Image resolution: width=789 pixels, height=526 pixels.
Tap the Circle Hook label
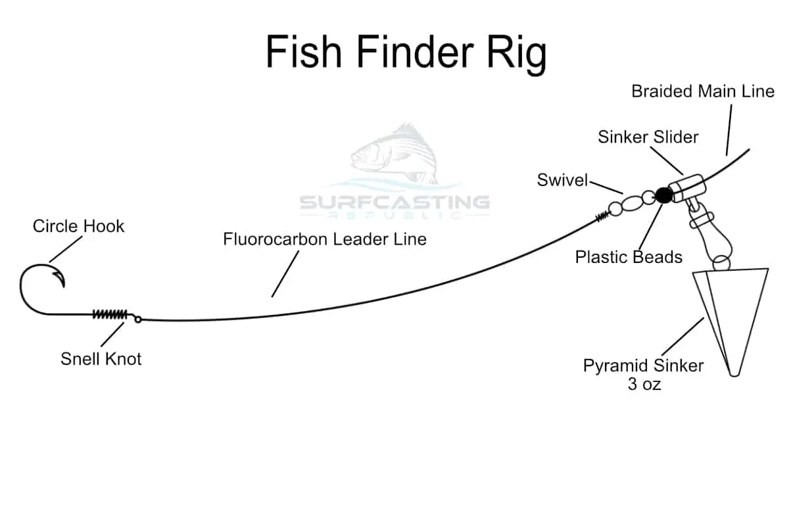click(78, 226)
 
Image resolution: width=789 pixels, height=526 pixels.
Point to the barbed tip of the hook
click(62, 284)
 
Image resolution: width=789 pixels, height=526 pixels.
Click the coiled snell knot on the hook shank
click(109, 314)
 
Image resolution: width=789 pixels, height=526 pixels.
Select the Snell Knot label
click(101, 358)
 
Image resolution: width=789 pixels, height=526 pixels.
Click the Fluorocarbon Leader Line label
click(324, 239)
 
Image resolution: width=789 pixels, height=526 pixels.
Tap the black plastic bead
click(663, 195)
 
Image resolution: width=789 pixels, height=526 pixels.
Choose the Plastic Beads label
click(629, 256)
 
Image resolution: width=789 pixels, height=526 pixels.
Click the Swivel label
click(562, 180)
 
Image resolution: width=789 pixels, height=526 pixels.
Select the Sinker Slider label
click(648, 137)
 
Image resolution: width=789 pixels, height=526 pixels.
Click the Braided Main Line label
click(703, 91)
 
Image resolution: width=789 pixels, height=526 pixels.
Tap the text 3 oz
click(644, 384)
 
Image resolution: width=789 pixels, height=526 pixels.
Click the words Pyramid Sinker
click(643, 366)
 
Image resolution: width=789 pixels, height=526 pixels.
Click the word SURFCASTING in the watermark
click(394, 201)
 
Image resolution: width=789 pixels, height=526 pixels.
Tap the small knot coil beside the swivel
click(602, 216)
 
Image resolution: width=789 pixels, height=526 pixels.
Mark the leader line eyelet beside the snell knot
click(138, 320)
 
